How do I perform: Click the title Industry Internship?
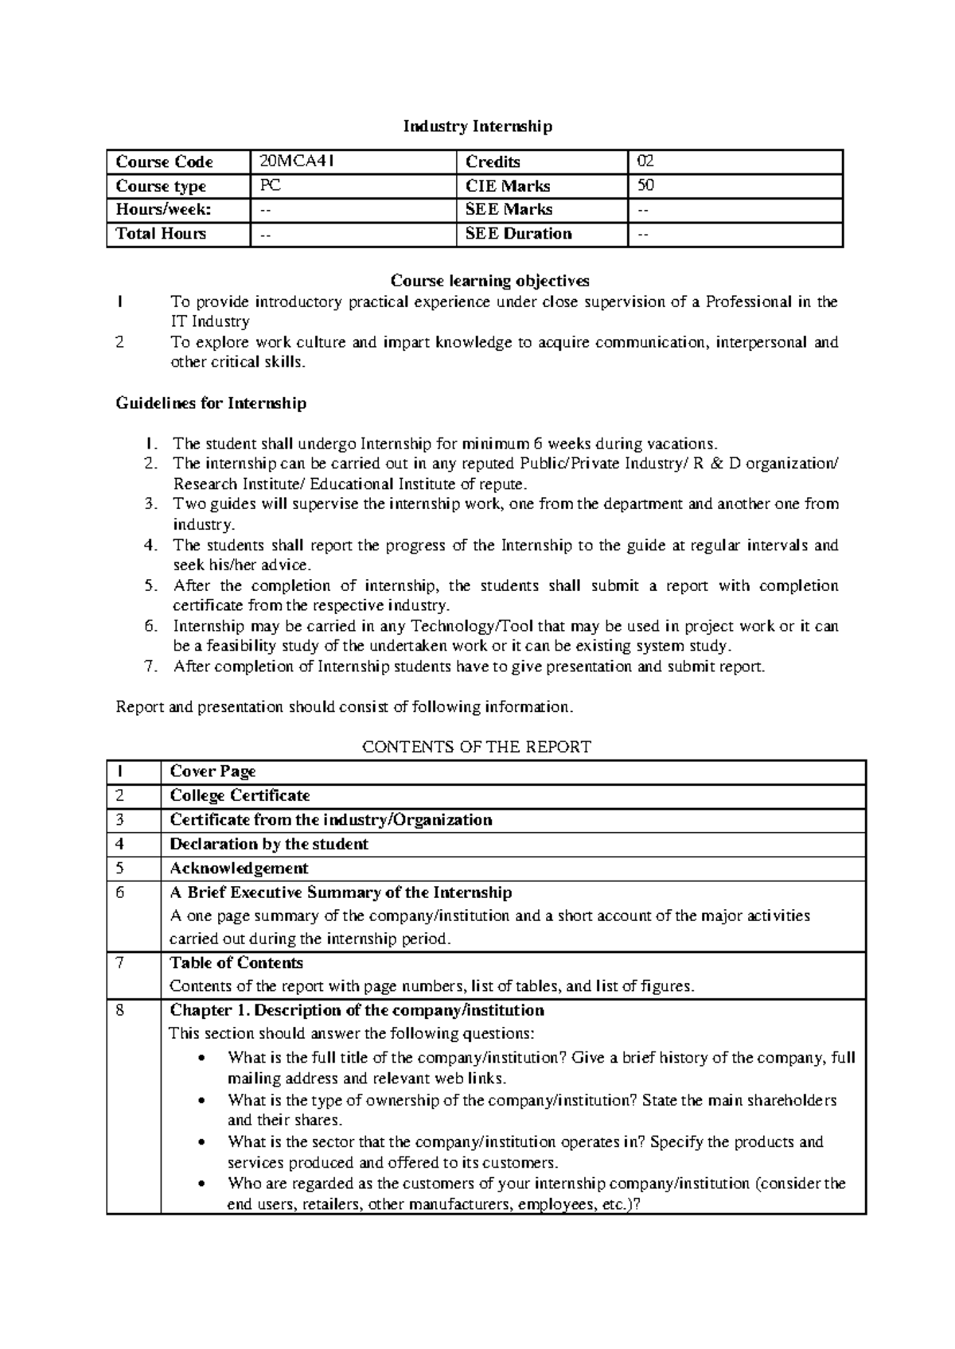tap(477, 126)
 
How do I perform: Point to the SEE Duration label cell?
tap(518, 234)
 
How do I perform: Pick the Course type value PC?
tap(270, 186)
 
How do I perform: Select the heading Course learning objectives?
tap(489, 281)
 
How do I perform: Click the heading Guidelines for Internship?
tap(211, 403)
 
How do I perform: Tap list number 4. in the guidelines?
tap(151, 546)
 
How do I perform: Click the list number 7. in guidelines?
tap(151, 667)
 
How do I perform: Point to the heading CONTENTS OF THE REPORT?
tap(477, 747)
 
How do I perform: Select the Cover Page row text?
tap(212, 772)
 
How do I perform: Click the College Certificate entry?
tap(240, 795)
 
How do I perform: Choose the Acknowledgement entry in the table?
tap(239, 868)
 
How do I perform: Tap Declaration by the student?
tap(269, 844)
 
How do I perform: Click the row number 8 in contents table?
tap(120, 1010)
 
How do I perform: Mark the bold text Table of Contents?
tap(236, 962)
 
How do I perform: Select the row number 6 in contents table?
tap(120, 892)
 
